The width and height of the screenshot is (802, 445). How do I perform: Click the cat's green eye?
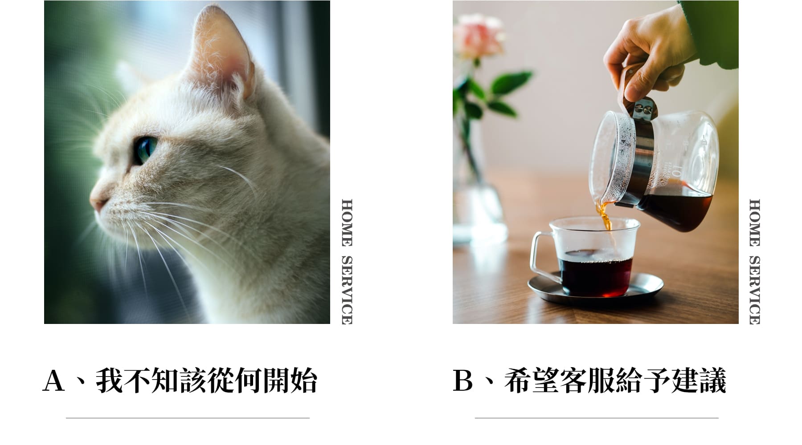pos(145,150)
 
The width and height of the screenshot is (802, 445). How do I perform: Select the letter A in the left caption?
pos(53,380)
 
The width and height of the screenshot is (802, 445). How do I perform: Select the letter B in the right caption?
pos(463,380)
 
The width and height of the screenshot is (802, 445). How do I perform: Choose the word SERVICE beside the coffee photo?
pos(754,290)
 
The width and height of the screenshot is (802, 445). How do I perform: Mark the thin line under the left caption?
pos(188,418)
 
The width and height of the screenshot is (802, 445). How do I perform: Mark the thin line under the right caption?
pos(597,418)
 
